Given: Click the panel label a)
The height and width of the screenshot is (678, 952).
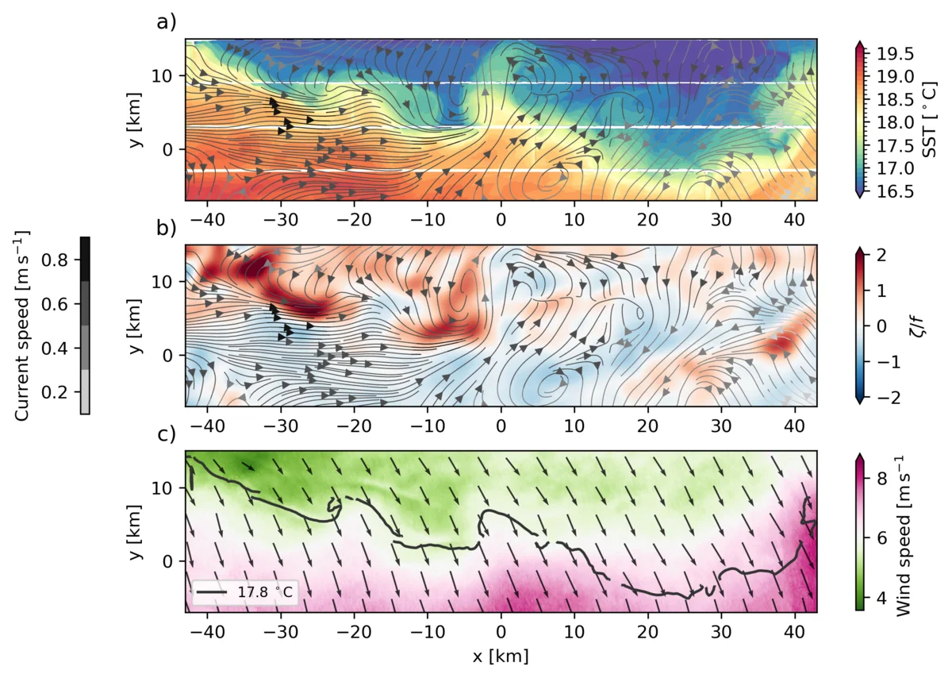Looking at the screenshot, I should click(166, 22).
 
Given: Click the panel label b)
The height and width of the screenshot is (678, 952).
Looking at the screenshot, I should click(166, 230).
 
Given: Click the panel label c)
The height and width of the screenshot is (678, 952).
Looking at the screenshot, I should click(166, 435).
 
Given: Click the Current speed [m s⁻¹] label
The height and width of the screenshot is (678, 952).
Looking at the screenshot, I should click(24, 326).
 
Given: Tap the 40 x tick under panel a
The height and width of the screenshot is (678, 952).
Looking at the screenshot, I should click(795, 216).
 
